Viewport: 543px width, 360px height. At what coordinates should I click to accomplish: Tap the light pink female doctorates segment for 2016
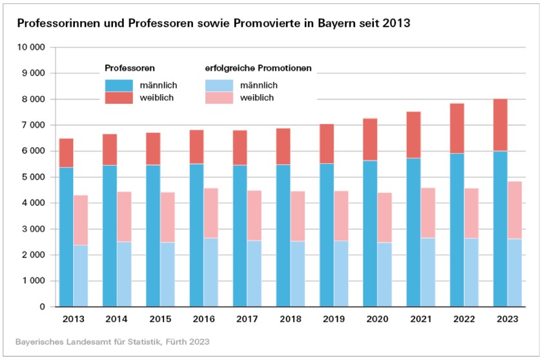click(x=210, y=213)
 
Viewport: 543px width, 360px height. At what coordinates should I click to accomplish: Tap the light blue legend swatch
click(x=219, y=85)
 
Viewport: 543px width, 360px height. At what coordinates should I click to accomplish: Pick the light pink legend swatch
click(x=219, y=97)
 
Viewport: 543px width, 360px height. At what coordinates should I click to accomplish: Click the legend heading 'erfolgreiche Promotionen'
click(x=258, y=68)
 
